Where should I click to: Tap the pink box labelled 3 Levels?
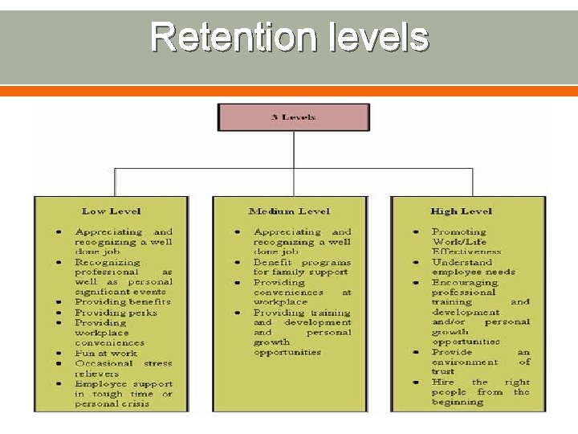point(294,117)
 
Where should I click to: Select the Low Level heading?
point(111,211)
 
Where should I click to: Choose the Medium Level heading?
point(290,211)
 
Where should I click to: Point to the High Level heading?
point(461,211)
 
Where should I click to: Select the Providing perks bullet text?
point(116,313)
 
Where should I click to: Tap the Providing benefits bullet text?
point(123,302)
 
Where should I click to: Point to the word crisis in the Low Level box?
point(134,403)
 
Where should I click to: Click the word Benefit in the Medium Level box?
point(273,262)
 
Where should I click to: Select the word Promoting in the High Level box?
point(459,231)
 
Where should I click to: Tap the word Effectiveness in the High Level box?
point(466,252)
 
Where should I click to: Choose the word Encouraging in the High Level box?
point(465,282)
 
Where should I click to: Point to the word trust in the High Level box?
point(444,372)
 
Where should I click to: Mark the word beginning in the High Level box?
point(458,403)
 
